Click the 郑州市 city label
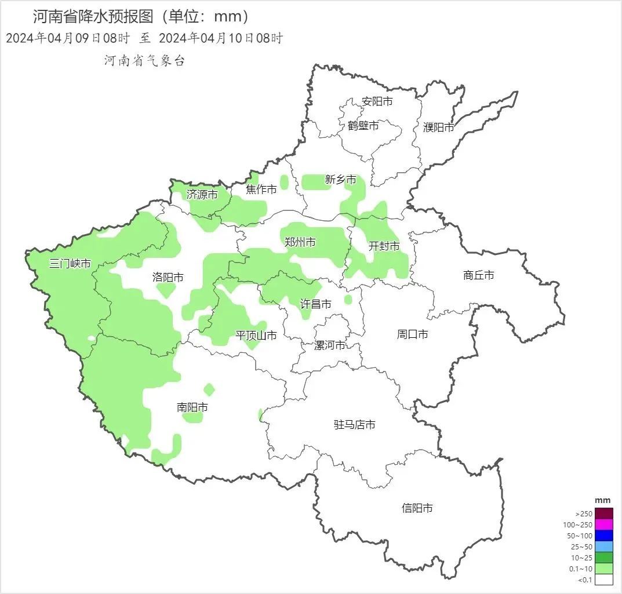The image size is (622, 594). (x=300, y=242)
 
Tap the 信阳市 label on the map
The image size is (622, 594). (x=417, y=508)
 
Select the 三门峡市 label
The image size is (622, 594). (x=70, y=264)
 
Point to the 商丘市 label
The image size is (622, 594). (x=479, y=275)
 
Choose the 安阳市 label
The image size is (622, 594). (x=377, y=101)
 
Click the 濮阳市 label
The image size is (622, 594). (x=438, y=127)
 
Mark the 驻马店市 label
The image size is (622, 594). (x=354, y=425)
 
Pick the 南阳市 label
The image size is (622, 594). (x=192, y=407)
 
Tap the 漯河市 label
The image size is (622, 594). (x=329, y=345)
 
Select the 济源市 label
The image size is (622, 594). (x=202, y=195)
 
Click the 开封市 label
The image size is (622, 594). (x=384, y=246)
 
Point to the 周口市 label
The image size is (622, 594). (x=412, y=334)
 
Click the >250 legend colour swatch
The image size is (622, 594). (x=603, y=513)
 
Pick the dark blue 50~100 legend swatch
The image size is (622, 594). (x=603, y=535)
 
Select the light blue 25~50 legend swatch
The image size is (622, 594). (x=603, y=546)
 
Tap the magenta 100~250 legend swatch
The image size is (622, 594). (x=603, y=524)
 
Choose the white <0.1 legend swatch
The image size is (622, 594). (x=603, y=580)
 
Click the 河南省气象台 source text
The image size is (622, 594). (x=144, y=61)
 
